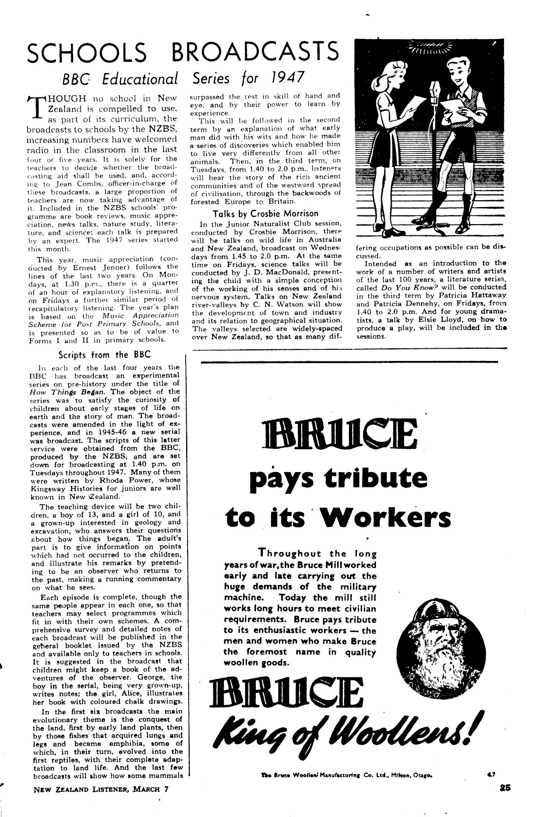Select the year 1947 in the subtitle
tap(282, 78)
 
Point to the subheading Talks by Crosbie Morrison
tap(266, 213)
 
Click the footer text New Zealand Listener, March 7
tap(100, 803)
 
